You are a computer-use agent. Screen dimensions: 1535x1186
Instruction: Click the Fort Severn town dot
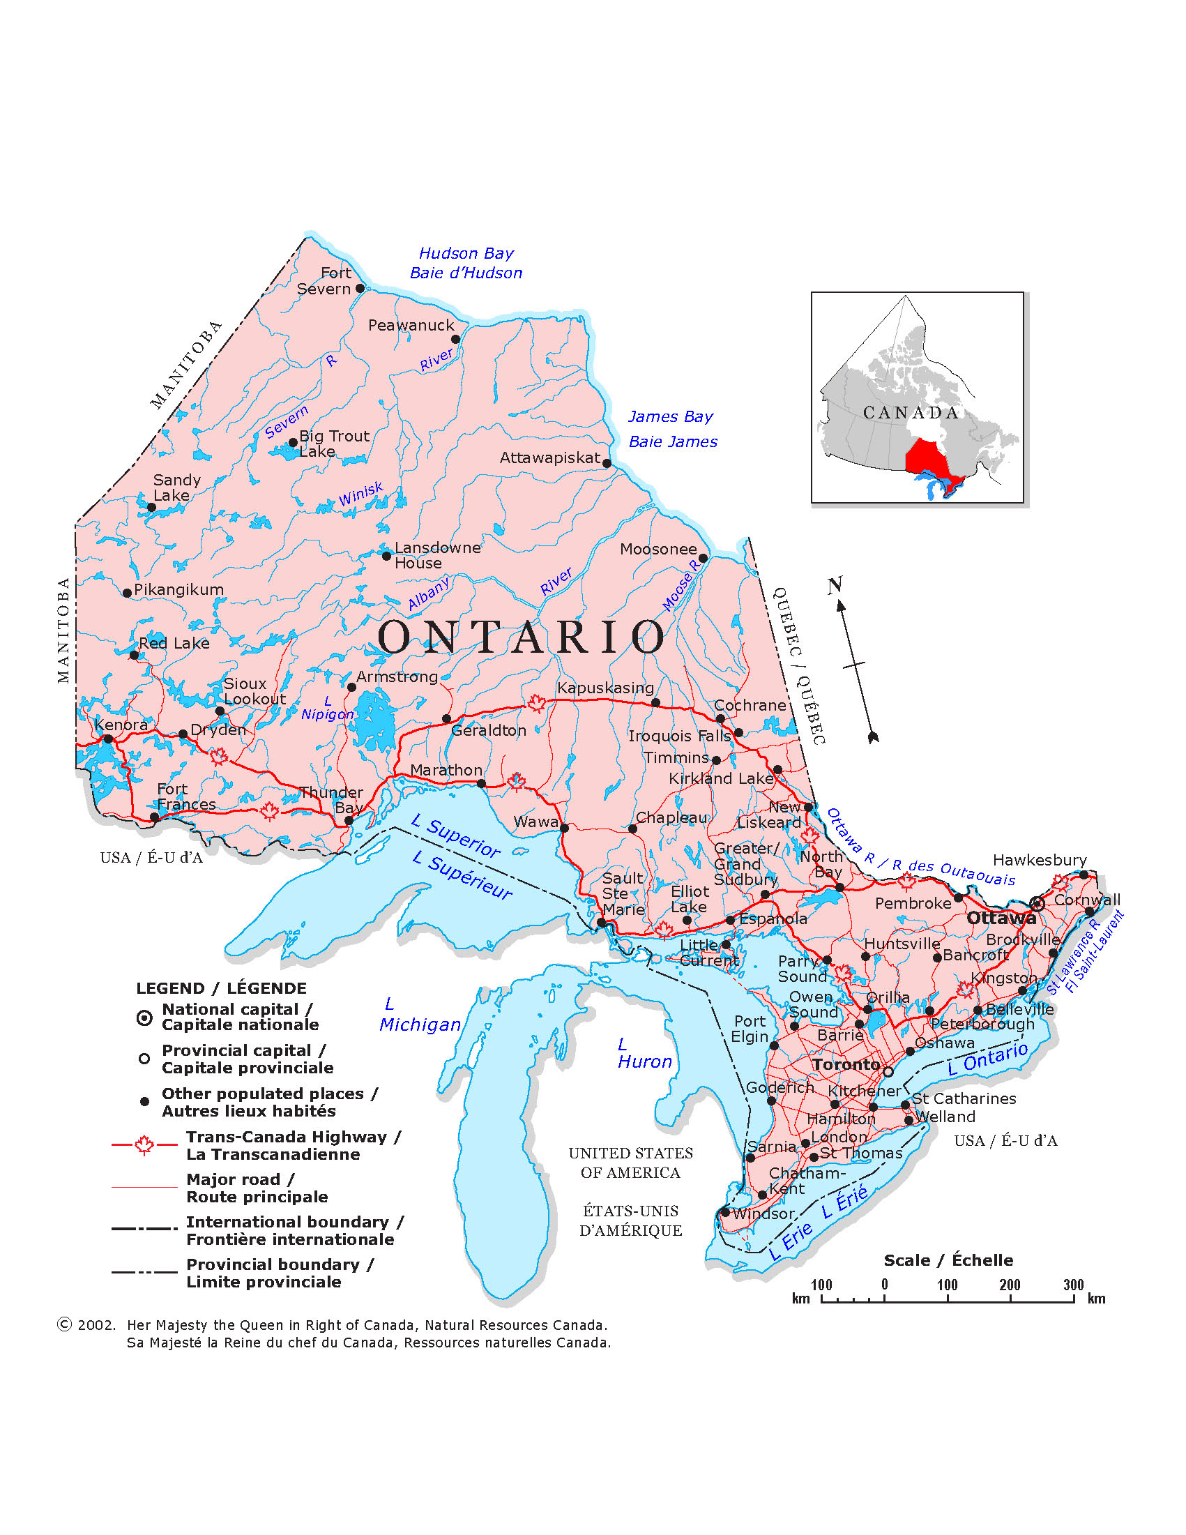pos(360,288)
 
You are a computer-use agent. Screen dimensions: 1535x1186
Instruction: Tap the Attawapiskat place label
pos(549,458)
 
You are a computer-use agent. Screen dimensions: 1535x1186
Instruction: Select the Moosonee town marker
pos(703,558)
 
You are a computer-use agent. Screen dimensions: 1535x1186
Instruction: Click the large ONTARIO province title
pos(522,637)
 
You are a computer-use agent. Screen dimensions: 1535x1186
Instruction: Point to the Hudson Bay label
pos(466,254)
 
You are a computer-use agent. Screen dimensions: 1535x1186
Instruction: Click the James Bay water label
pos(670,417)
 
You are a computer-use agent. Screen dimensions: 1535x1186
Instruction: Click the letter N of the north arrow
pos(835,584)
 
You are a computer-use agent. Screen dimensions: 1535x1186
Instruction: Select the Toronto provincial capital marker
pos(888,1072)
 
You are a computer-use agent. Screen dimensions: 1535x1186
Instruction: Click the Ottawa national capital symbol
pos(1037,904)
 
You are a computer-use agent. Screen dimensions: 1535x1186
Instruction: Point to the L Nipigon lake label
pos(328,708)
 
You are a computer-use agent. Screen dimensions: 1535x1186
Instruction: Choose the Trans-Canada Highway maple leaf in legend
pos(145,1145)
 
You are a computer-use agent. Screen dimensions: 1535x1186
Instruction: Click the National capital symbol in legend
pos(144,1018)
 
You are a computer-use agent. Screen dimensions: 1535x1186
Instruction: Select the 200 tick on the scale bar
pos(1010,1301)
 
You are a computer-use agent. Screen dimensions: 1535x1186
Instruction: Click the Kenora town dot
pos(108,739)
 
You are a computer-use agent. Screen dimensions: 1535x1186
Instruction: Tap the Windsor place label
pos(763,1213)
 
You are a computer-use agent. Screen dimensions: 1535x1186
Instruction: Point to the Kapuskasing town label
pos(605,688)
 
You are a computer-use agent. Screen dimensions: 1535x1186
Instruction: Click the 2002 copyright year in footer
pos(96,1326)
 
